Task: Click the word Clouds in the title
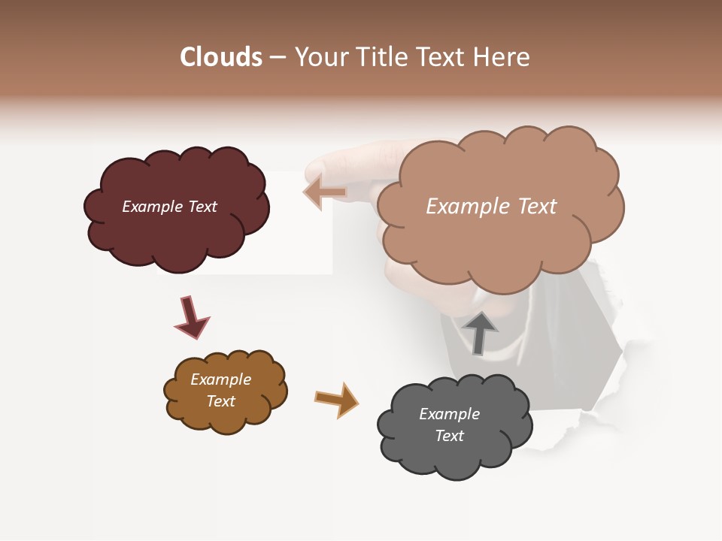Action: pyautogui.click(x=221, y=57)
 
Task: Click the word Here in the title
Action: pyautogui.click(x=502, y=57)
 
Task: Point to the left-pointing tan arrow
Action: pyautogui.click(x=325, y=192)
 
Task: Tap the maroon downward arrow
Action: pyautogui.click(x=191, y=318)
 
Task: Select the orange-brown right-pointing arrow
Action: pyautogui.click(x=336, y=399)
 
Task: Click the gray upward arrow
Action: pyautogui.click(x=479, y=333)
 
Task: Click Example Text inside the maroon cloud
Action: pyautogui.click(x=169, y=207)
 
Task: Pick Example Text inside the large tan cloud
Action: pyautogui.click(x=491, y=207)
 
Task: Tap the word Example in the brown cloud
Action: pyautogui.click(x=220, y=379)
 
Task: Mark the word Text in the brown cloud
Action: pyautogui.click(x=220, y=401)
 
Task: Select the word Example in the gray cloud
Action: pyautogui.click(x=449, y=414)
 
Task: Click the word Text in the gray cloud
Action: pyautogui.click(x=449, y=436)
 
